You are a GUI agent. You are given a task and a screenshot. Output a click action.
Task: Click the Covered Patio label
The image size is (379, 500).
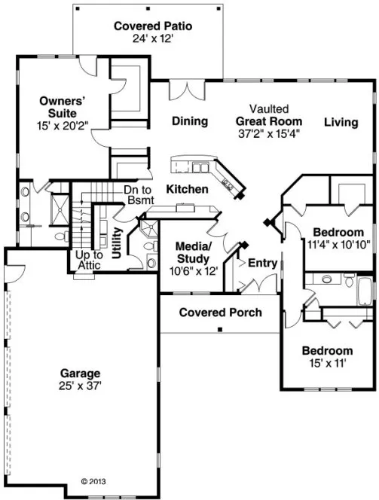coord(153,26)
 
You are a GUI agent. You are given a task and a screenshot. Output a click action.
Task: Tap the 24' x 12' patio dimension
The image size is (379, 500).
coord(153,38)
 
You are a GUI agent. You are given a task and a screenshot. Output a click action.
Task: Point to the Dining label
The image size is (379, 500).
coord(189,121)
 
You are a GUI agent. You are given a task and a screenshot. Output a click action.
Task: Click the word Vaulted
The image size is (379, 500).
coord(268,109)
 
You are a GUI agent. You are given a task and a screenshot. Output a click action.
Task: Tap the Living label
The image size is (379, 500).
coord(342,121)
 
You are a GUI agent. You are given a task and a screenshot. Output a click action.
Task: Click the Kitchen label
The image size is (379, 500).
coord(187,189)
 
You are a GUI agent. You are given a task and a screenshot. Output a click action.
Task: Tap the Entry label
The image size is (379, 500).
coord(262,264)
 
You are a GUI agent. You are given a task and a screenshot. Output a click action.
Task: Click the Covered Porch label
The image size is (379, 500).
coord(220,312)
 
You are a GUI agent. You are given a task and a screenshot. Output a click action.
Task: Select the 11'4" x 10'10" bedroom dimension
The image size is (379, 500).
coord(338,244)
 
